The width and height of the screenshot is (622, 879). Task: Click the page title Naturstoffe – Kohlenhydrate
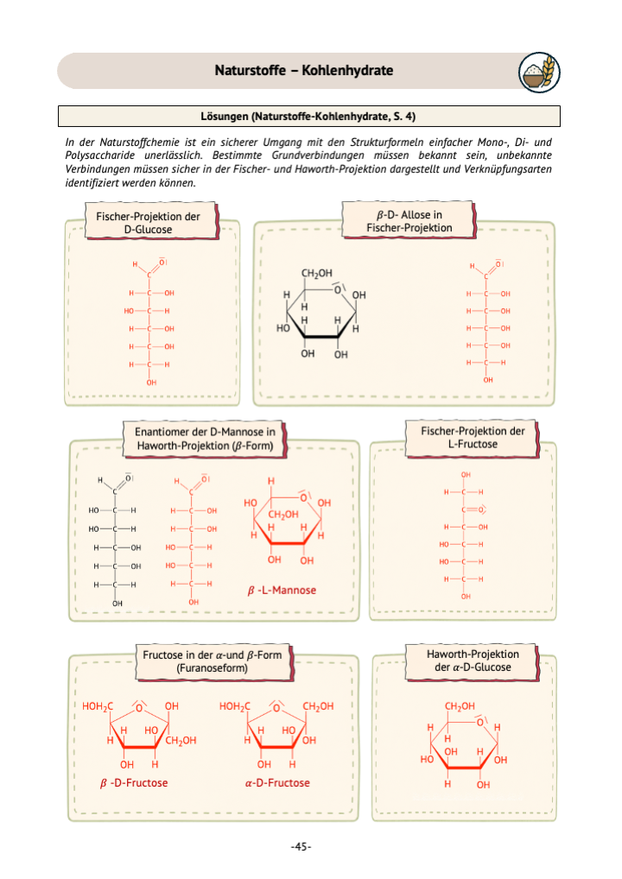(x=303, y=71)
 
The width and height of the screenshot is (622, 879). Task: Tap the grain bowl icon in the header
(x=539, y=73)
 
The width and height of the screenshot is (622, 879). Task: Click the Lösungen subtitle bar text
(x=308, y=117)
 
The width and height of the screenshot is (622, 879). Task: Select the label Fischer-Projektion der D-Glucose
(x=148, y=223)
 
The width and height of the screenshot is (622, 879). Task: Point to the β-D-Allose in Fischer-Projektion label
(x=409, y=221)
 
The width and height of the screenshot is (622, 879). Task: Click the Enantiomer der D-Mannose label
(x=205, y=439)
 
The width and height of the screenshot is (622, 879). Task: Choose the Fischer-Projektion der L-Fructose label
(x=473, y=437)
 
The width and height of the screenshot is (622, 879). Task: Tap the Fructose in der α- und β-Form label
(x=212, y=661)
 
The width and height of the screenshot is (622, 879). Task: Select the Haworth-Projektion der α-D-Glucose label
(x=473, y=661)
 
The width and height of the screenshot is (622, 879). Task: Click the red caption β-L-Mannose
(x=282, y=591)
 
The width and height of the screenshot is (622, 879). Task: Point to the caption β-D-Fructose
(x=134, y=783)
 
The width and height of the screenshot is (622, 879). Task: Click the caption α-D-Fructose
(x=277, y=783)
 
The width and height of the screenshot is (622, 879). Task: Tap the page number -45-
(x=301, y=846)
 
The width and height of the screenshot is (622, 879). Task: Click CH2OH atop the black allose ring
(x=317, y=274)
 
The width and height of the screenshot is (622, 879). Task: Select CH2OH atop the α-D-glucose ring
(x=460, y=706)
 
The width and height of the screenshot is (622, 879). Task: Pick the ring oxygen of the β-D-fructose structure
(x=140, y=707)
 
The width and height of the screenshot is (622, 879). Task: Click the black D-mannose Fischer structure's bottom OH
(x=117, y=604)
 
